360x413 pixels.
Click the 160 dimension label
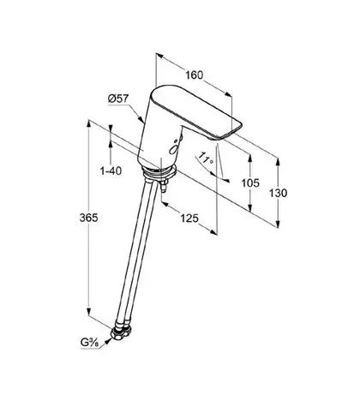[x=195, y=75]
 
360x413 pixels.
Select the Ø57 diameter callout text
[x=118, y=99]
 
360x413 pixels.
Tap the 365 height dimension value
[x=88, y=218]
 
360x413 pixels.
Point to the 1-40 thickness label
[x=111, y=171]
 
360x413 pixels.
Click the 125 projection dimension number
[x=189, y=218]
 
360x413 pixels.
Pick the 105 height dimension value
[x=250, y=183]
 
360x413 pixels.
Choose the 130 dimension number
[x=278, y=194]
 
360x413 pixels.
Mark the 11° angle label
[x=207, y=159]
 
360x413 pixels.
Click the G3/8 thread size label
[x=89, y=343]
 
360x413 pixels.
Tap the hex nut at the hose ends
[x=122, y=332]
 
